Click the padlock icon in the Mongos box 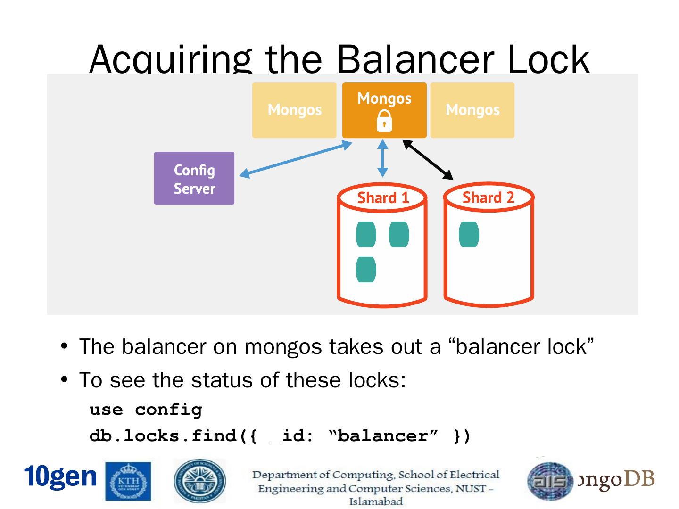coord(384,121)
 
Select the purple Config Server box coord(194,178)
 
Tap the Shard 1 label coord(383,198)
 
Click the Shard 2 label coord(488,197)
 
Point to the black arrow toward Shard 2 coord(428,160)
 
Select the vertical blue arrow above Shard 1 coord(383,158)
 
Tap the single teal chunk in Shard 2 coord(469,234)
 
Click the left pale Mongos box coord(294,110)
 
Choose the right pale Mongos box coord(472,110)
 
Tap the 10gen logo coord(60,476)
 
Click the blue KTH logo coord(128,481)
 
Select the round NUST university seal coord(199,481)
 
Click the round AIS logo coord(550,481)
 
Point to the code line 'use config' coord(146,410)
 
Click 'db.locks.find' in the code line coord(163,435)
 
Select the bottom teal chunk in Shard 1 coord(366,270)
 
